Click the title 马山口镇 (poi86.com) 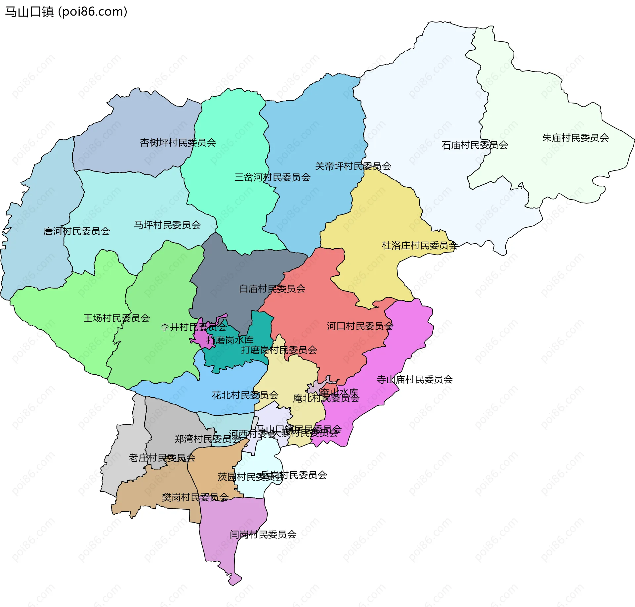click(x=66, y=12)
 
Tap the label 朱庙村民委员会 click(x=575, y=138)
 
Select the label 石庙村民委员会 click(x=475, y=145)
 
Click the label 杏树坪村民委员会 click(x=178, y=143)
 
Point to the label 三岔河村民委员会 click(x=272, y=177)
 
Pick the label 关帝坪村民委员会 click(x=353, y=166)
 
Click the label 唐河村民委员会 click(x=77, y=231)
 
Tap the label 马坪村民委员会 click(x=167, y=225)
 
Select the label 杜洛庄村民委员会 click(x=419, y=245)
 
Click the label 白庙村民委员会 click(x=272, y=289)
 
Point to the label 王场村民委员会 click(x=116, y=318)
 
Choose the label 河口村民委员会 click(x=360, y=326)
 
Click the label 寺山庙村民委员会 click(x=414, y=379)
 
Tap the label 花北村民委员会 click(x=245, y=395)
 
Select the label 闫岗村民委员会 click(x=263, y=534)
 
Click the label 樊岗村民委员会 click(x=195, y=497)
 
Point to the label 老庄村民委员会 click(x=162, y=458)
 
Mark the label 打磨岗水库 click(x=230, y=340)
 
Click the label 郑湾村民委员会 click(x=207, y=439)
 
